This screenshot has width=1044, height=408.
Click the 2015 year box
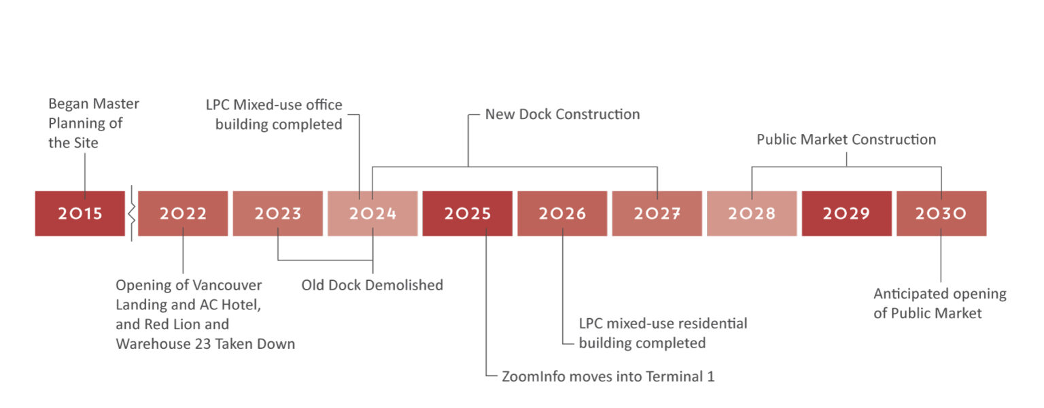pos(80,213)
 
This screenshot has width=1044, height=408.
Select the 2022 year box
pos(183,213)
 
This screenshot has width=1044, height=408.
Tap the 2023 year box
pos(278,213)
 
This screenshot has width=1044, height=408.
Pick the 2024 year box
pos(372,213)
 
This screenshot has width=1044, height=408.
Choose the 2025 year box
pos(468,213)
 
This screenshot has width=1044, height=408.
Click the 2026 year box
pos(562,213)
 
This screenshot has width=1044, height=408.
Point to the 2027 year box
pos(657,213)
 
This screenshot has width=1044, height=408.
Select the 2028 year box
pos(752,213)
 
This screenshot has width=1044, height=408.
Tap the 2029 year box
pos(846,213)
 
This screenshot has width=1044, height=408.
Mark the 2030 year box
pos(941,213)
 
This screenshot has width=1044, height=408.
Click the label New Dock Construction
pos(563,114)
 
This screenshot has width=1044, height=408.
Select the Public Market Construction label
pos(846,139)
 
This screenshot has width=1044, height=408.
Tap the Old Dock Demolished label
pos(372,285)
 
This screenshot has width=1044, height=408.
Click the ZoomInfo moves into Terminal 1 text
pos(608,376)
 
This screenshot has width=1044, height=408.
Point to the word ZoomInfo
pos(534,376)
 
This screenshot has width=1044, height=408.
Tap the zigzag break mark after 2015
pos(131,214)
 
